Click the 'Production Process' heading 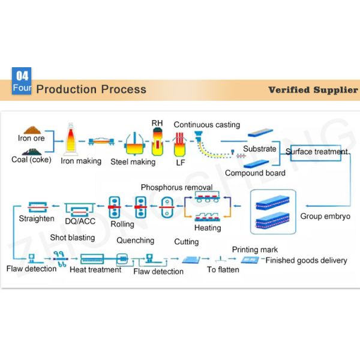(x=91, y=89)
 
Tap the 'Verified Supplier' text (x=313, y=90)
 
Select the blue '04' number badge (x=22, y=76)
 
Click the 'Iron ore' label (x=32, y=137)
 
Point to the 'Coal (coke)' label (x=32, y=160)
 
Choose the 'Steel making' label (x=133, y=161)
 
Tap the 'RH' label (x=157, y=123)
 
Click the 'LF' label (x=179, y=162)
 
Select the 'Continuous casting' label (x=206, y=125)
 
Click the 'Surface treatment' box (x=316, y=152)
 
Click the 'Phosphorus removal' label (x=176, y=188)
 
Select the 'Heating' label (x=208, y=228)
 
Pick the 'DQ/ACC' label (x=80, y=221)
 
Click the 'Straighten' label (x=37, y=218)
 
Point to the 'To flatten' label (x=223, y=269)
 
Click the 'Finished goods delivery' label (x=306, y=260)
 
